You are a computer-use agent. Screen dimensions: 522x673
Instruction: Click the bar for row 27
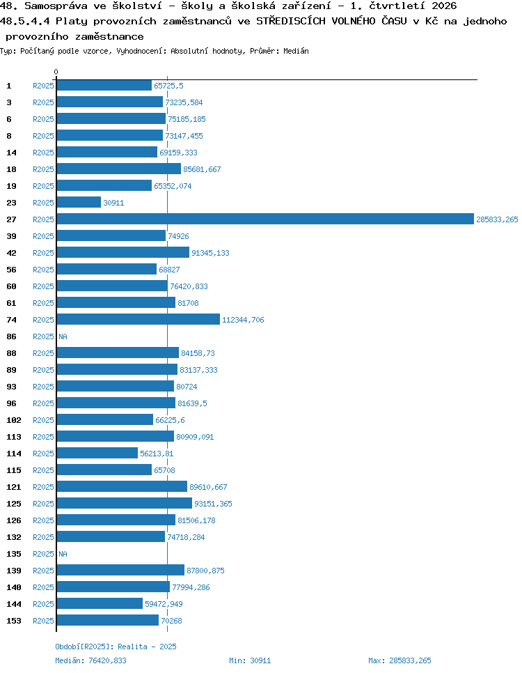click(265, 219)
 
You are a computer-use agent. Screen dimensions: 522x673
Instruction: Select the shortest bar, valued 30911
click(79, 202)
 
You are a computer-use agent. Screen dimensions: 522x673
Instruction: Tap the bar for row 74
click(138, 319)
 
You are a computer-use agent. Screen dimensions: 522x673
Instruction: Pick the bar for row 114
click(97, 454)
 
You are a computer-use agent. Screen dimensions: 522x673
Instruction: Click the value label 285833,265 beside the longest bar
click(497, 219)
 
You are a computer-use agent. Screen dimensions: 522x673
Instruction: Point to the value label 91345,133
click(210, 253)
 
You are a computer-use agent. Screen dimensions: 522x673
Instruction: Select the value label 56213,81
click(157, 454)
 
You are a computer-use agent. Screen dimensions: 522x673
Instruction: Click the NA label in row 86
click(63, 336)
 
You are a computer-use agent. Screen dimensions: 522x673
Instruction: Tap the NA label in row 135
click(63, 554)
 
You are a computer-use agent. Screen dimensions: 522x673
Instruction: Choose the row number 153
click(14, 621)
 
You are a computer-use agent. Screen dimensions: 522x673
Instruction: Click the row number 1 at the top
click(9, 86)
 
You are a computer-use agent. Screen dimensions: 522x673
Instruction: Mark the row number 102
click(14, 420)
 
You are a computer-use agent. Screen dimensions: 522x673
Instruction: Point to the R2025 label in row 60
click(43, 286)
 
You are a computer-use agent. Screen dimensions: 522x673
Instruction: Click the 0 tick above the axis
click(56, 72)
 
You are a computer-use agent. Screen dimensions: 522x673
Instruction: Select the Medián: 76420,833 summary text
click(90, 660)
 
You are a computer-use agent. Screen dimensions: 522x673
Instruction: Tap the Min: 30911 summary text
click(250, 660)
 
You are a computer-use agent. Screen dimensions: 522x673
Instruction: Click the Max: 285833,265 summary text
click(400, 660)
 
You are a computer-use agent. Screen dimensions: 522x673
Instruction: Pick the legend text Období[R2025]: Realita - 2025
click(116, 647)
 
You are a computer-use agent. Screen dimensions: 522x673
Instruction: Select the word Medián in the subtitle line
click(296, 51)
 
